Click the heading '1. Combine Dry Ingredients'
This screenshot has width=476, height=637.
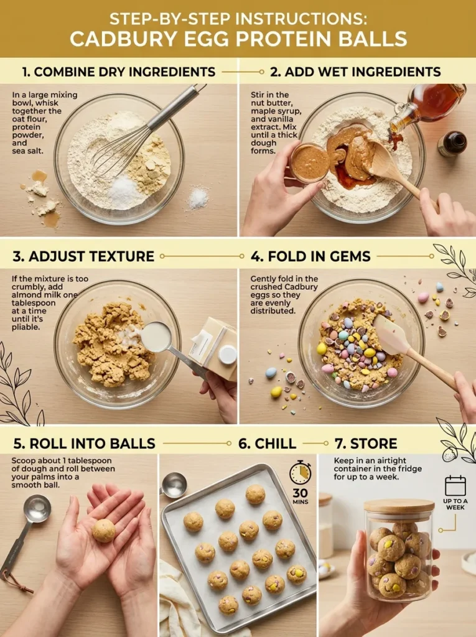[118, 72]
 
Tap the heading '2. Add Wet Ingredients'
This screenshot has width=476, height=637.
[355, 72]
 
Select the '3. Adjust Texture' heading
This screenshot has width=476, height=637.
[83, 256]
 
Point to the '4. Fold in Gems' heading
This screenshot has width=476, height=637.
[310, 256]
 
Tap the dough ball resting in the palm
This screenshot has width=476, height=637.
[104, 530]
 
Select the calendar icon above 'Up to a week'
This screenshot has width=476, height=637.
[455, 486]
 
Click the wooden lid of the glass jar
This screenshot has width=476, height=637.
[399, 506]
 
